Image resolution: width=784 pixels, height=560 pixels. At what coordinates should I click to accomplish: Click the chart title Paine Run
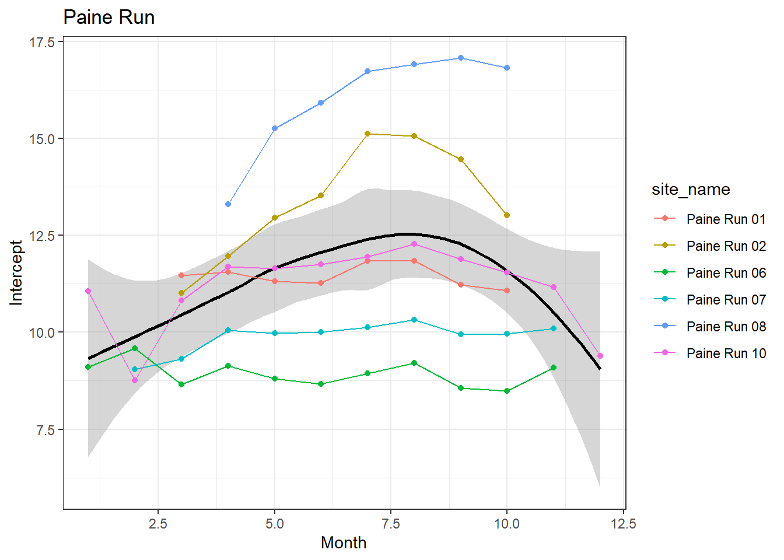(x=108, y=17)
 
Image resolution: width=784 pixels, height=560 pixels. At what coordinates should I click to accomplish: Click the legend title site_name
(x=691, y=190)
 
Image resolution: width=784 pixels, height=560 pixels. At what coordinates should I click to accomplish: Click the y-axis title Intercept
(x=16, y=273)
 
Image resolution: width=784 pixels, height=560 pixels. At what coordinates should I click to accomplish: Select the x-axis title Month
(x=344, y=542)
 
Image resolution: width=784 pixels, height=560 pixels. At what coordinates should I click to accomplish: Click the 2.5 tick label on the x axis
(x=158, y=524)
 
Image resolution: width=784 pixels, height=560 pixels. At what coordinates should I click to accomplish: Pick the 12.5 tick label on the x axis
(x=623, y=524)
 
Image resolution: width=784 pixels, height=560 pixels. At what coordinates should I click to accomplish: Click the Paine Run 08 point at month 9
(x=461, y=58)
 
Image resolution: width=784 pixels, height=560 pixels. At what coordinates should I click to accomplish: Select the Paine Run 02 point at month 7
(x=367, y=134)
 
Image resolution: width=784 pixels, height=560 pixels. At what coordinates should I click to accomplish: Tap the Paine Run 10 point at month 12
(x=600, y=356)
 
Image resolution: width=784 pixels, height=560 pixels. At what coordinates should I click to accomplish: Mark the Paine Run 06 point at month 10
(x=507, y=391)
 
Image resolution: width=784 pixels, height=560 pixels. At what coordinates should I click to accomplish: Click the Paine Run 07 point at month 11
(x=554, y=328)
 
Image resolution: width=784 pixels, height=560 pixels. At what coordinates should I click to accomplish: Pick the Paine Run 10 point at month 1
(x=88, y=291)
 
